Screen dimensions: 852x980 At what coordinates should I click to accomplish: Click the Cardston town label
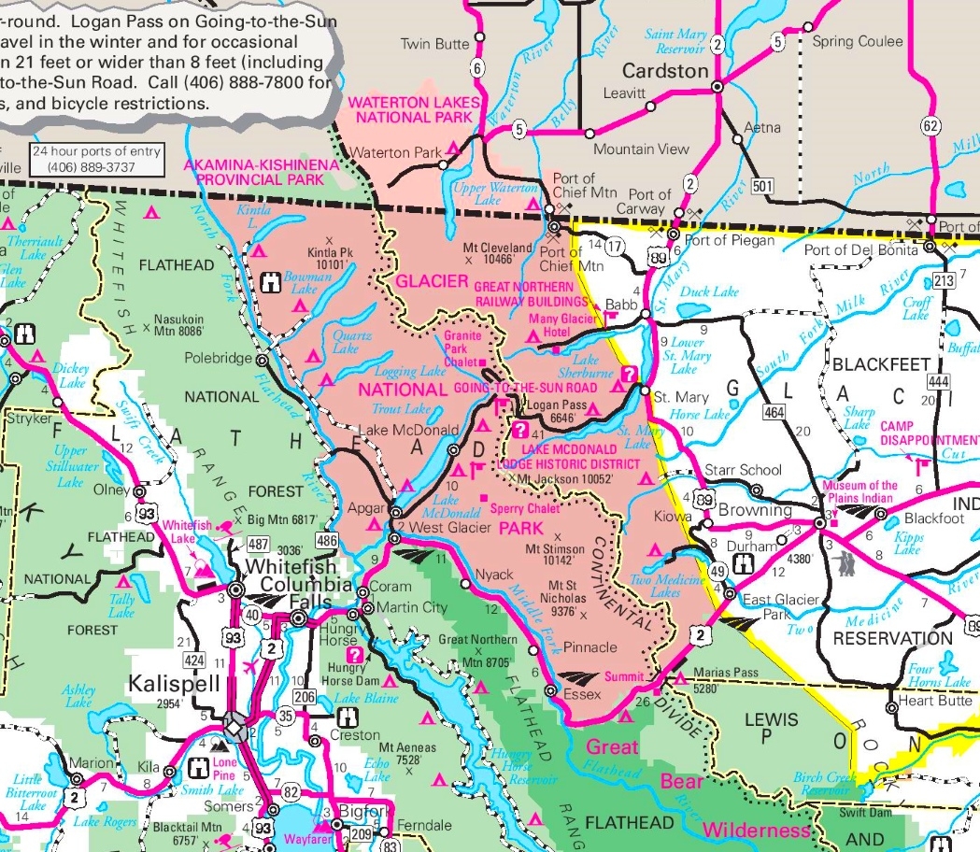click(x=665, y=71)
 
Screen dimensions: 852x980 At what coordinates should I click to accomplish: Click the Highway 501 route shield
click(x=762, y=186)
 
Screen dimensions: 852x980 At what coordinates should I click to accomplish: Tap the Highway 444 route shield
click(x=939, y=383)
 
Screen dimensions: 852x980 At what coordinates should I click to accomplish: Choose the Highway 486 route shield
click(x=327, y=540)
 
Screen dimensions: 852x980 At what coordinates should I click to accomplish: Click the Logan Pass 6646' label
click(x=557, y=412)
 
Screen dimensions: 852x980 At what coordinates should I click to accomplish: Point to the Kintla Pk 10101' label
click(x=333, y=258)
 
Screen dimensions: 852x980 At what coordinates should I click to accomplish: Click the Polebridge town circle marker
click(x=263, y=359)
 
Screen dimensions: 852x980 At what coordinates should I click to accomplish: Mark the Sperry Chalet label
click(x=527, y=509)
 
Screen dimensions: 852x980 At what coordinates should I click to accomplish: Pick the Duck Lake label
click(x=710, y=291)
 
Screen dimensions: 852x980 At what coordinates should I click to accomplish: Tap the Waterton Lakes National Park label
click(x=414, y=109)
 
